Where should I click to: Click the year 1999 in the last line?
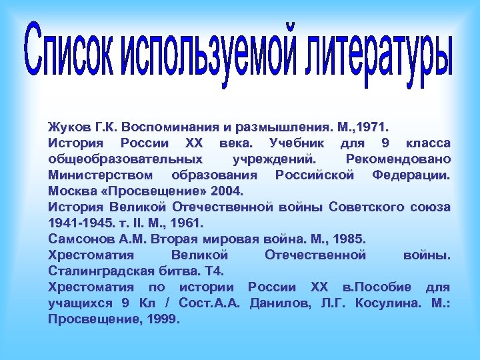(x=163, y=319)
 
